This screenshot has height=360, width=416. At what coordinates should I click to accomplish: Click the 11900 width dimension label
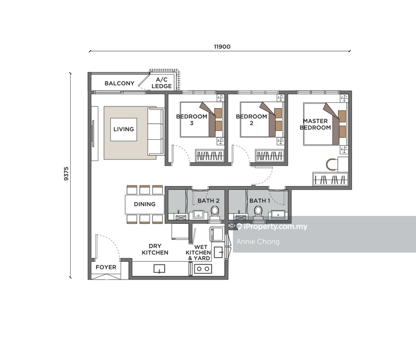[222, 46]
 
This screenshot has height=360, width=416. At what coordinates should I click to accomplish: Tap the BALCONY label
[120, 83]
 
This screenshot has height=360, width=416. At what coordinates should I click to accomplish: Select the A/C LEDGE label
[161, 83]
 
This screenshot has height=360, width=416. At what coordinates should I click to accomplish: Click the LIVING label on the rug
[124, 129]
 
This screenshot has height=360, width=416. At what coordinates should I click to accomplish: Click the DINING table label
[145, 204]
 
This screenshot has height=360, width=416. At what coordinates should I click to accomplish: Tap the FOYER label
[106, 268]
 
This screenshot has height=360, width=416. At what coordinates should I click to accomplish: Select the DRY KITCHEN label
[155, 249]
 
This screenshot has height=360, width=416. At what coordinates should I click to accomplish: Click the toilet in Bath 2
[215, 211]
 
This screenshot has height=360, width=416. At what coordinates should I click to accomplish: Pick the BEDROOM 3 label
[191, 119]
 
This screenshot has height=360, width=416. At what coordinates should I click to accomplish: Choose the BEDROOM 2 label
[252, 119]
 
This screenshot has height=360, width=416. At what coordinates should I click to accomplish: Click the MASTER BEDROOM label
[316, 124]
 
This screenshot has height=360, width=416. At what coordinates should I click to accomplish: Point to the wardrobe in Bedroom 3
[210, 155]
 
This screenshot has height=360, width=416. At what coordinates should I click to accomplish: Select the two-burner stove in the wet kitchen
[203, 269]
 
